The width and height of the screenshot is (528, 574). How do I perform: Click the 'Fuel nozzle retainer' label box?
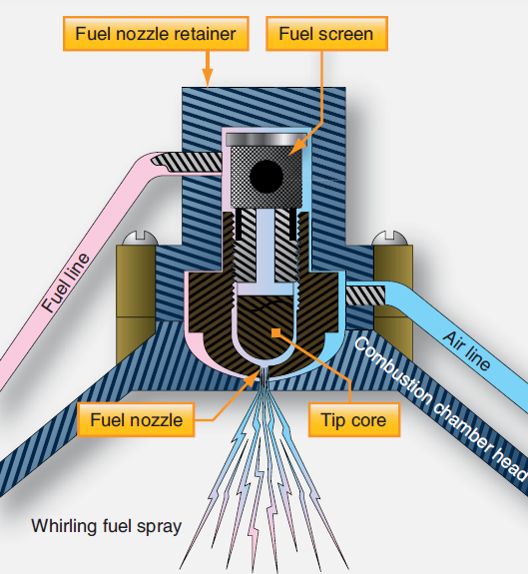pos(155,34)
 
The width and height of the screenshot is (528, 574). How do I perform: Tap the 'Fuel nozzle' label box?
pos(137,420)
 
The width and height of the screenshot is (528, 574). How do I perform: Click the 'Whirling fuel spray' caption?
pos(106,525)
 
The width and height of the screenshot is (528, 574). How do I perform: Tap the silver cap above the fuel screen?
pos(265,139)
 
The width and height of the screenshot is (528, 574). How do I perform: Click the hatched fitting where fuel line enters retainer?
pos(189,159)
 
